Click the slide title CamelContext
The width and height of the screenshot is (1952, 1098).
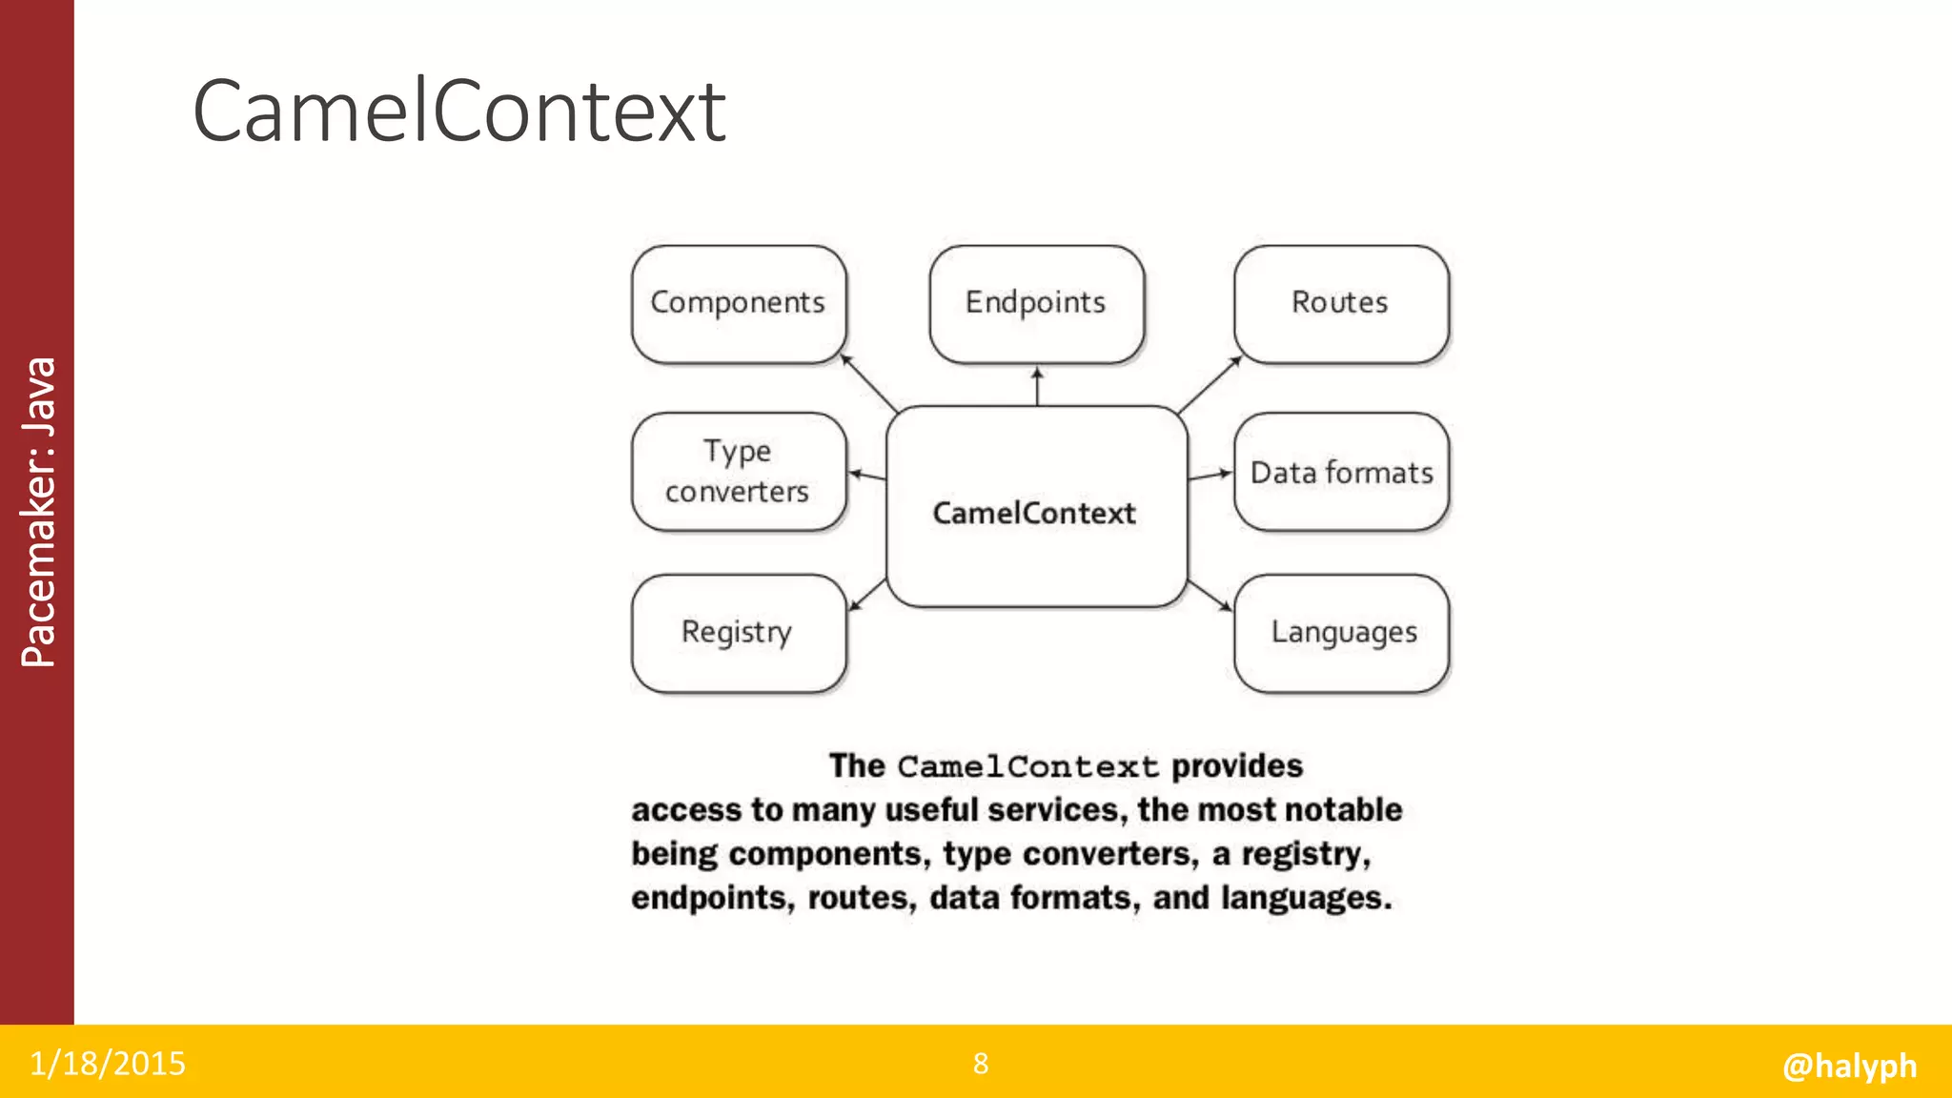458,112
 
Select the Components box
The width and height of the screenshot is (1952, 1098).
738,303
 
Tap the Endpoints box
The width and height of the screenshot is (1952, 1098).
1036,303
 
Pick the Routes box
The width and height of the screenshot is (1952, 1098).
1340,303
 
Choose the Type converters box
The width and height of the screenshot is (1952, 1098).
738,471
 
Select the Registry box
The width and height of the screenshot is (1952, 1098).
738,632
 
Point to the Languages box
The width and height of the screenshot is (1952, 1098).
1342,632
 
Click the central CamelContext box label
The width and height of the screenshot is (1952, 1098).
1034,514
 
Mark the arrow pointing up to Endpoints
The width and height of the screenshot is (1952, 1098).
1037,386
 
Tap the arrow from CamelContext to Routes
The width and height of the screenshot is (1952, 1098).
1210,384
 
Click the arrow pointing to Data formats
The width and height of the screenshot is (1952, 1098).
1210,475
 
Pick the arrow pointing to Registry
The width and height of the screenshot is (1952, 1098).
867,594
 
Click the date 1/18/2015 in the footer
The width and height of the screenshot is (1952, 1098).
108,1064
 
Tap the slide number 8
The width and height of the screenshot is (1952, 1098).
981,1064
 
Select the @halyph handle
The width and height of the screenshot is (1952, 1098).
1849,1065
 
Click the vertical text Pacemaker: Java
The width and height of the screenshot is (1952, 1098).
39,512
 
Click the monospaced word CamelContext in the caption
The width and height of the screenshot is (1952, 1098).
1027,767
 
